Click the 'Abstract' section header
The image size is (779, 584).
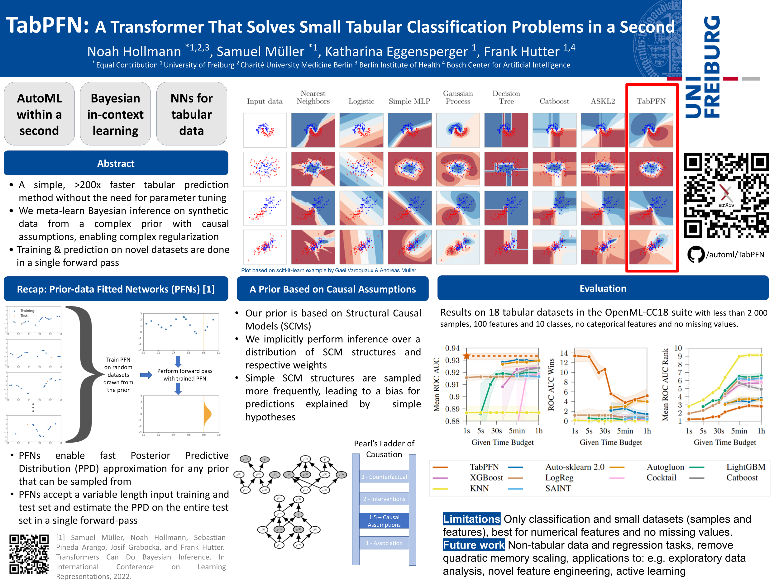[116, 163]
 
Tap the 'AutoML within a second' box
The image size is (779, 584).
[39, 114]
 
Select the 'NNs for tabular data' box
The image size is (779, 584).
[191, 114]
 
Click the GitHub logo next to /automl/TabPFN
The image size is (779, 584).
[695, 254]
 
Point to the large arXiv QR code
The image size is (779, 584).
[726, 195]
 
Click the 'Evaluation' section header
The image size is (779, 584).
[603, 288]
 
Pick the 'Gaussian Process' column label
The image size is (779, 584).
[458, 97]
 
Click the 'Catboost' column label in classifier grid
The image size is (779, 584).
[554, 101]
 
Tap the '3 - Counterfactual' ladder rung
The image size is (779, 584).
[384, 477]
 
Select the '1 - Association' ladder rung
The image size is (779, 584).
[384, 543]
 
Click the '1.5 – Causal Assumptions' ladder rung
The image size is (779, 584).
[384, 521]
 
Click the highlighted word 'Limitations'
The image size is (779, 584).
[471, 519]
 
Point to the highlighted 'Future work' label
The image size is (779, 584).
[473, 545]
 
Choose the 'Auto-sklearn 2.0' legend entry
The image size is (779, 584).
[574, 467]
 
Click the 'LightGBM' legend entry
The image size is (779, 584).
[746, 467]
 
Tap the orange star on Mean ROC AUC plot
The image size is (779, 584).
[467, 356]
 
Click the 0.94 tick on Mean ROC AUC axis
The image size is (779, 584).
[452, 348]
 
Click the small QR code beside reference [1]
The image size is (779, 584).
[29, 554]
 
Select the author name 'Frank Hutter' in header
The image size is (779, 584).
[521, 52]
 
